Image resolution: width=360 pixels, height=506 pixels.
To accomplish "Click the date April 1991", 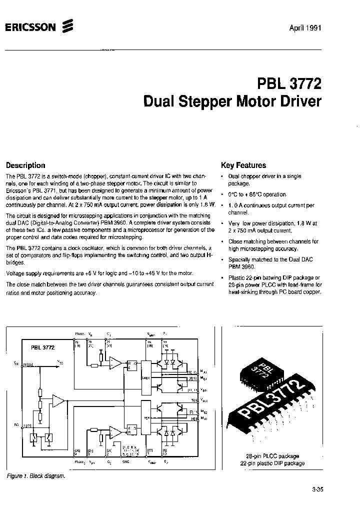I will point(305,27).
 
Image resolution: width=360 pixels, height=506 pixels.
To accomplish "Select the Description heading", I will point(25,165).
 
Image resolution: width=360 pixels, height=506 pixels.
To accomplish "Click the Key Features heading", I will point(243,165).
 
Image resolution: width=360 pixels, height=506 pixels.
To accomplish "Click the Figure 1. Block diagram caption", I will point(36,476).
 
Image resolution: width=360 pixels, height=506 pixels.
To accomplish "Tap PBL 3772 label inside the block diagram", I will point(42,346).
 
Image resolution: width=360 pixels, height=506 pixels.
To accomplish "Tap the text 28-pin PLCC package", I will point(276,456).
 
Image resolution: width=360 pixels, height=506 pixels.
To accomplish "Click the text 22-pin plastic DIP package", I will point(276,463).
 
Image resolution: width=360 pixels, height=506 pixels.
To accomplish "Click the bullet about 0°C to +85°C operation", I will point(257,194).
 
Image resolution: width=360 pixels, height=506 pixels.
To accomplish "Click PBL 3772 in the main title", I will point(289,81).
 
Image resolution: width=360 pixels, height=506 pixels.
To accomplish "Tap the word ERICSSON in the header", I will point(30,28).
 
